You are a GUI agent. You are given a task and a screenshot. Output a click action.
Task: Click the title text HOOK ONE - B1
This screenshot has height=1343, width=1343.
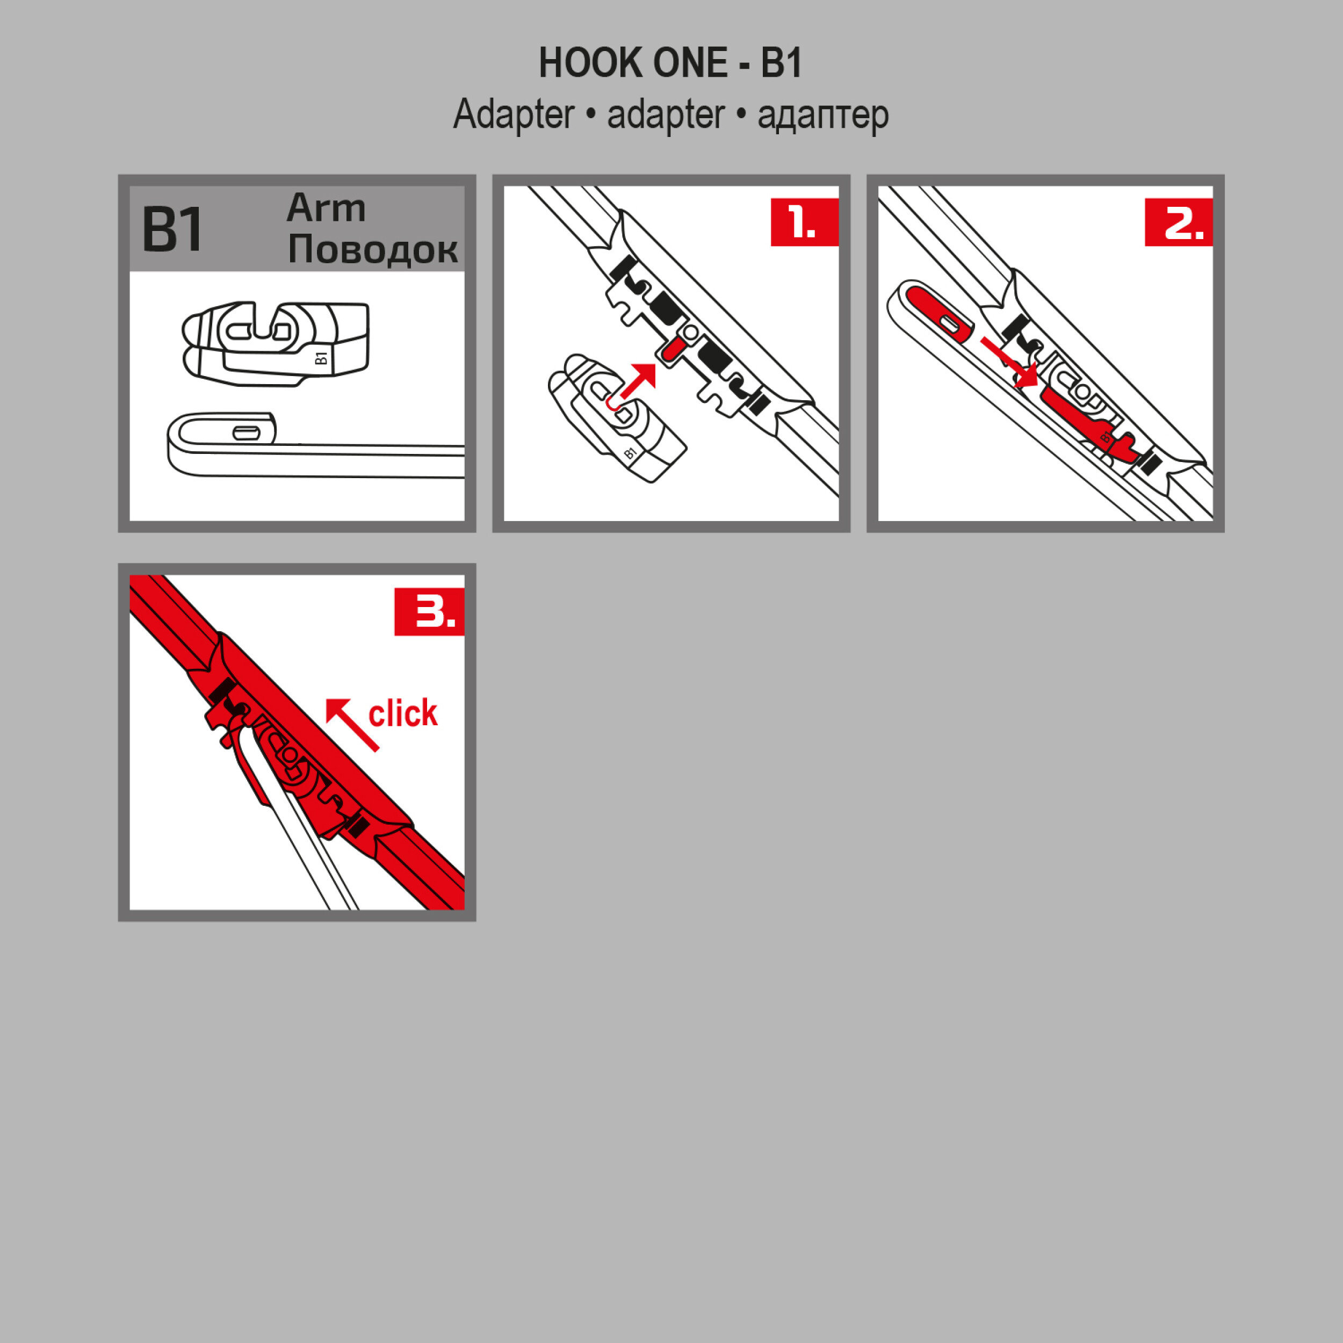click(x=671, y=63)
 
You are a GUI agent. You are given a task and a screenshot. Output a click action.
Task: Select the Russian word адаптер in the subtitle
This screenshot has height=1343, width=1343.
click(x=823, y=115)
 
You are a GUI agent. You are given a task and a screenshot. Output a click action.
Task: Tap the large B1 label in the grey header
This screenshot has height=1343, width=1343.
click(x=172, y=229)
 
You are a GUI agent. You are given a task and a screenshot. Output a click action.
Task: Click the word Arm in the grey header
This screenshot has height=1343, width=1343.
click(x=326, y=208)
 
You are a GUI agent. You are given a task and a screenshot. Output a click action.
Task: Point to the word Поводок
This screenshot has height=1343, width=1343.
click(x=373, y=249)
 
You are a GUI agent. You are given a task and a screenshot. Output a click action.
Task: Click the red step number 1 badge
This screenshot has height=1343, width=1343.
click(x=804, y=222)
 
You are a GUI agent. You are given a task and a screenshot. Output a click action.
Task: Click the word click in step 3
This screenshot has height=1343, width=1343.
click(x=403, y=714)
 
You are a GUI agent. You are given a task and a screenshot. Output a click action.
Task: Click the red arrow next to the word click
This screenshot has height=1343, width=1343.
click(x=352, y=724)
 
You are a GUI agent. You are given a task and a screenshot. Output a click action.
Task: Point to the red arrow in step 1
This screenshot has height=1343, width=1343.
click(x=638, y=380)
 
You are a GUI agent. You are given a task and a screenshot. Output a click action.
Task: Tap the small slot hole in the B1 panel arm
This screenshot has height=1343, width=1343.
click(x=246, y=433)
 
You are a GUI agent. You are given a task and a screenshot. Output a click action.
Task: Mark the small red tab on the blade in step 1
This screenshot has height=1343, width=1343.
click(x=670, y=350)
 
